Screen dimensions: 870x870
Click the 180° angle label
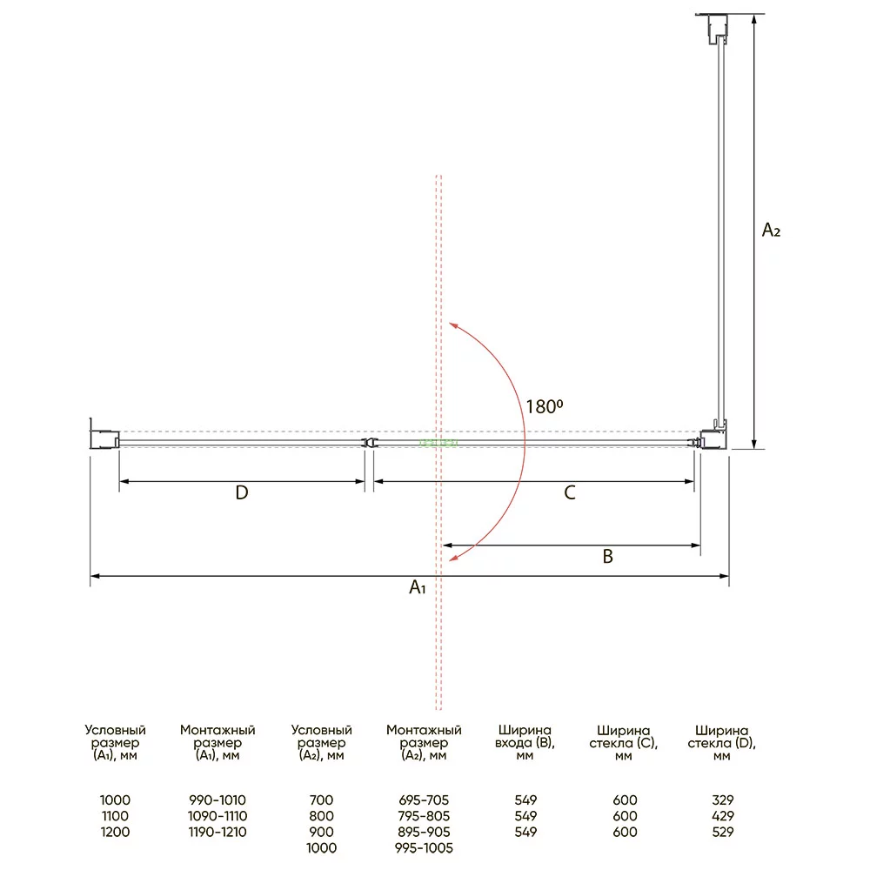click(x=545, y=406)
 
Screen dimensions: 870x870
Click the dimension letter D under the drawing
click(x=241, y=492)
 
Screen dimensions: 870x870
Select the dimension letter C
click(x=570, y=492)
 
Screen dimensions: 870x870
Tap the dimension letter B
click(x=607, y=557)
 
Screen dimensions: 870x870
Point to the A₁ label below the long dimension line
click(x=418, y=587)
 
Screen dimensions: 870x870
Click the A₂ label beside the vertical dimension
click(x=771, y=230)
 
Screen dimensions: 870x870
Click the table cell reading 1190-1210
click(x=217, y=832)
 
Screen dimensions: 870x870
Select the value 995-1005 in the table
click(x=424, y=847)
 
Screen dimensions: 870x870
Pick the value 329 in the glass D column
click(x=722, y=800)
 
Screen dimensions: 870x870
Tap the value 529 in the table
click(x=722, y=832)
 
